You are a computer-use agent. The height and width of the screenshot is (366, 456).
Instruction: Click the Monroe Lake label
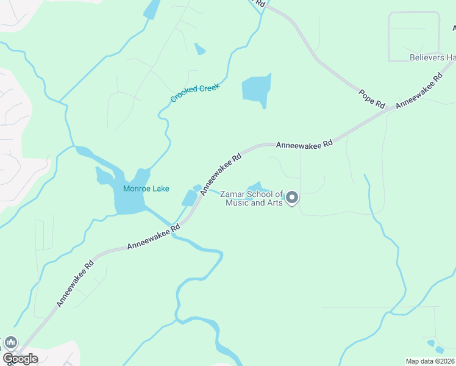pos(146,188)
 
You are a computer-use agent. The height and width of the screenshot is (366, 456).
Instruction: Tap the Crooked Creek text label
pos(194,93)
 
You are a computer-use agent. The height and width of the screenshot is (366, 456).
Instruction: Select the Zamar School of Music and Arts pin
pos(292,198)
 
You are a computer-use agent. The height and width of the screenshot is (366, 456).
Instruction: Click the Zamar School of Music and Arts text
pos(254,198)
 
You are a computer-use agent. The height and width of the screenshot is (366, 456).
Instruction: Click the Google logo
pos(20,359)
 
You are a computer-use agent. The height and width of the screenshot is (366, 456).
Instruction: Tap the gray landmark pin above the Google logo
pos(10,343)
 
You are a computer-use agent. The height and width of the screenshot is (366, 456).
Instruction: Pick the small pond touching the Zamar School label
pos(255,186)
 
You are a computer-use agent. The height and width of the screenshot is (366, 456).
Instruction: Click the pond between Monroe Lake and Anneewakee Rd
pos(190,198)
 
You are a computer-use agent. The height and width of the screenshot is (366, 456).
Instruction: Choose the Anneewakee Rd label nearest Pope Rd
pos(419,92)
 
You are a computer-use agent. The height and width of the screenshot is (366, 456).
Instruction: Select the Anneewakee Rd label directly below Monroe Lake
pos(153,238)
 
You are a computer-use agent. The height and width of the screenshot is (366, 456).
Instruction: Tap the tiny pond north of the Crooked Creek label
pos(199,49)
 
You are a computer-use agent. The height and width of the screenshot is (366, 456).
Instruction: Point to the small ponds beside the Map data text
pos(435,345)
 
